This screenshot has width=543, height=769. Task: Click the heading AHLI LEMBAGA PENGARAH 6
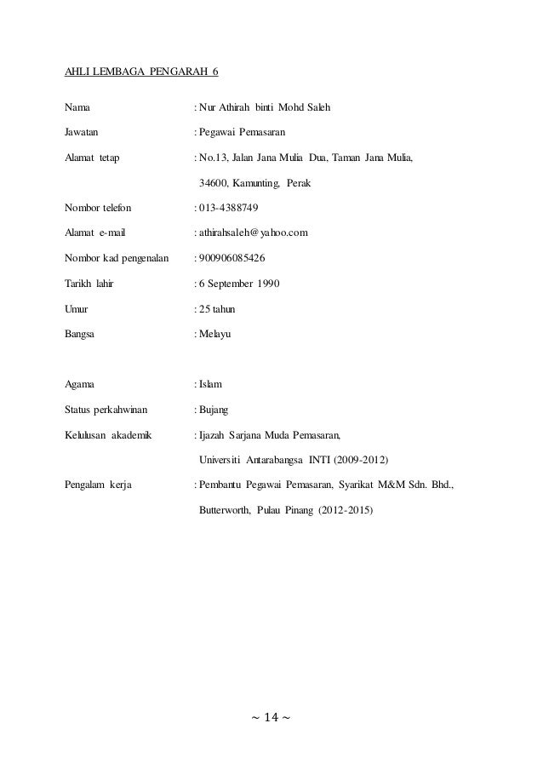pos(141,71)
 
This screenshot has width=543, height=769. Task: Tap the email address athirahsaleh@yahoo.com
pos(254,232)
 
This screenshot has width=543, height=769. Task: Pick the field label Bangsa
pos(80,335)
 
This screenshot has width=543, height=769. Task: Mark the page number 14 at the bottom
pos(271,719)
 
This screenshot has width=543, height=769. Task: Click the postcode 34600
pos(213,182)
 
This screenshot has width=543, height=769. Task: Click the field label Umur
pos(77,308)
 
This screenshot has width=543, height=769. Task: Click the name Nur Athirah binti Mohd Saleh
pos(265,107)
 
